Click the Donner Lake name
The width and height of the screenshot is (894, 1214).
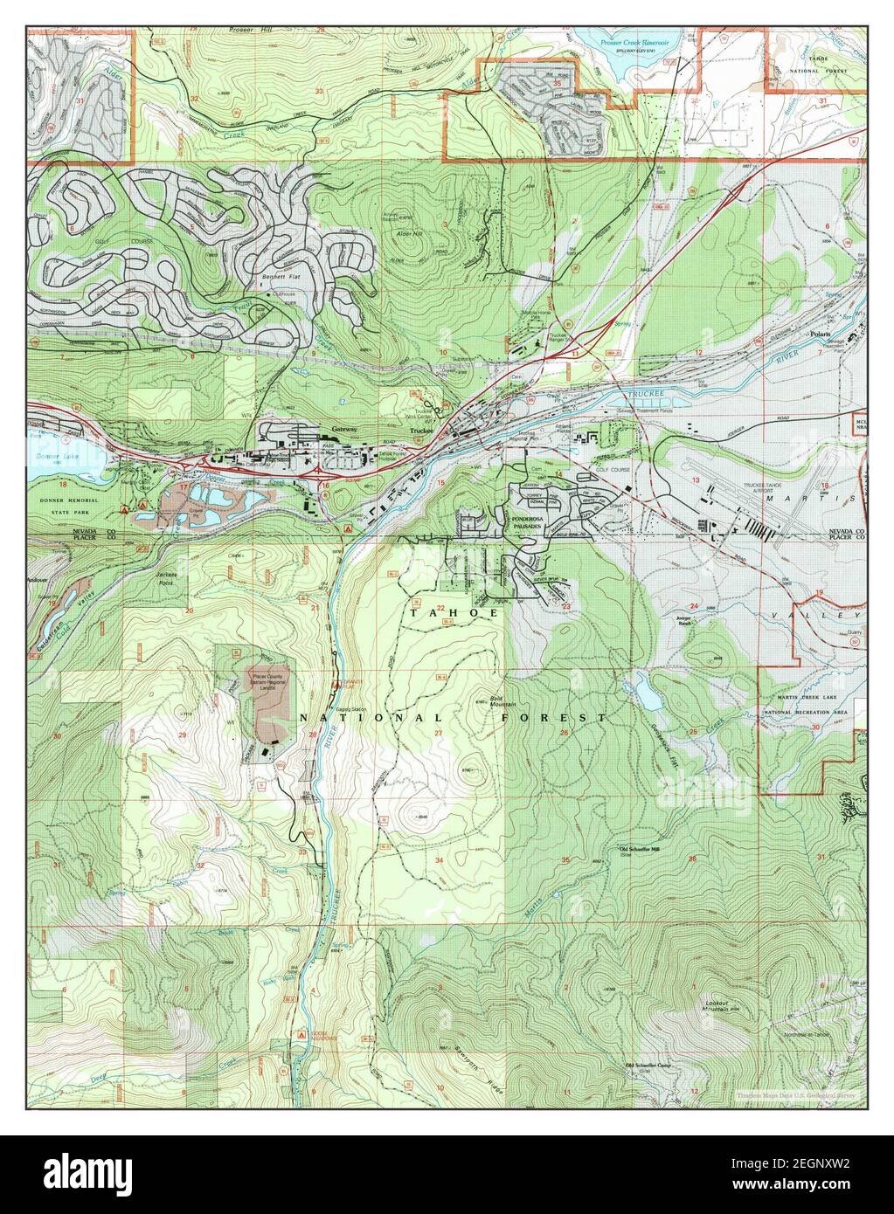point(45,458)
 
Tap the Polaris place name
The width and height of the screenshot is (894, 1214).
point(819,333)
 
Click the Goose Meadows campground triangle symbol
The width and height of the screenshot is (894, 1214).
point(301,1032)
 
